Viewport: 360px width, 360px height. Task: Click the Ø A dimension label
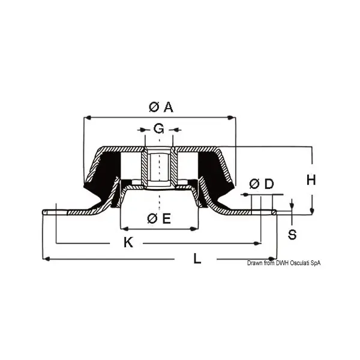[x=160, y=107]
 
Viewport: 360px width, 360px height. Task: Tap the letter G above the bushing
[x=158, y=128]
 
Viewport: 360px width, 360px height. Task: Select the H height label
[x=310, y=179]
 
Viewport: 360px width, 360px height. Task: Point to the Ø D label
[x=261, y=184]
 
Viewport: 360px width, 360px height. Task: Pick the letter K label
[x=128, y=242]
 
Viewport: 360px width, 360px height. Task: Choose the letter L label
[x=197, y=259]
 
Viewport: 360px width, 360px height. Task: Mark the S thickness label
[x=292, y=234]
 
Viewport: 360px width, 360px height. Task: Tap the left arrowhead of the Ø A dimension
[x=86, y=117]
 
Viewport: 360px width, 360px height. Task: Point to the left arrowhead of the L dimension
[x=46, y=259]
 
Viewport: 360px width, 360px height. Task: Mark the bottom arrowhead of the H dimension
[x=312, y=211]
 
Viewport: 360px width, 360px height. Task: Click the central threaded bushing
[x=159, y=168]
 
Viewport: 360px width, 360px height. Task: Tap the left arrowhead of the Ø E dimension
[x=124, y=229]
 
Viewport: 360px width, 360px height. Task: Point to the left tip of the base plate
[x=44, y=211]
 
